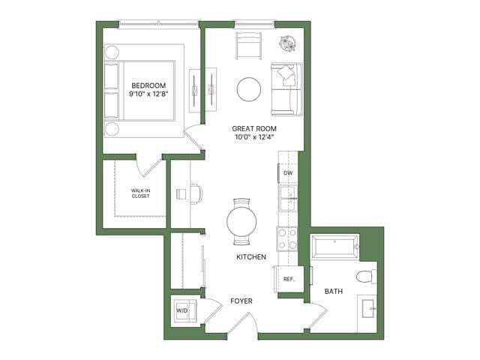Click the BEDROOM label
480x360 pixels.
click(x=148, y=85)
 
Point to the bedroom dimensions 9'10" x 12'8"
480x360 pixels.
click(x=148, y=94)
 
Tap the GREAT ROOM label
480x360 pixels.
click(x=253, y=128)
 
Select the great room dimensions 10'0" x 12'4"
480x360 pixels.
click(x=253, y=137)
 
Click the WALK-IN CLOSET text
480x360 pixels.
click(x=140, y=193)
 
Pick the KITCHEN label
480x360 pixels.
click(x=251, y=256)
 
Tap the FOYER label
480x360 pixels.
click(x=241, y=301)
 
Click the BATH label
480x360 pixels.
click(x=334, y=291)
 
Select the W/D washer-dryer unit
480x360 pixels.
click(x=181, y=310)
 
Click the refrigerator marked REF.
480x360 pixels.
click(x=288, y=279)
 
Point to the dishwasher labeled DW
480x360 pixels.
click(x=288, y=173)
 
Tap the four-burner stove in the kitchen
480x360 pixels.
click(x=288, y=238)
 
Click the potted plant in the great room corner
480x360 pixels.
click(x=288, y=42)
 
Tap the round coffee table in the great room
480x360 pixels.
click(x=249, y=89)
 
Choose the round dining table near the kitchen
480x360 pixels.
click(x=241, y=222)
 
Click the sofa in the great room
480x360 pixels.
click(x=286, y=88)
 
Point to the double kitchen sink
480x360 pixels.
click(x=288, y=200)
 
